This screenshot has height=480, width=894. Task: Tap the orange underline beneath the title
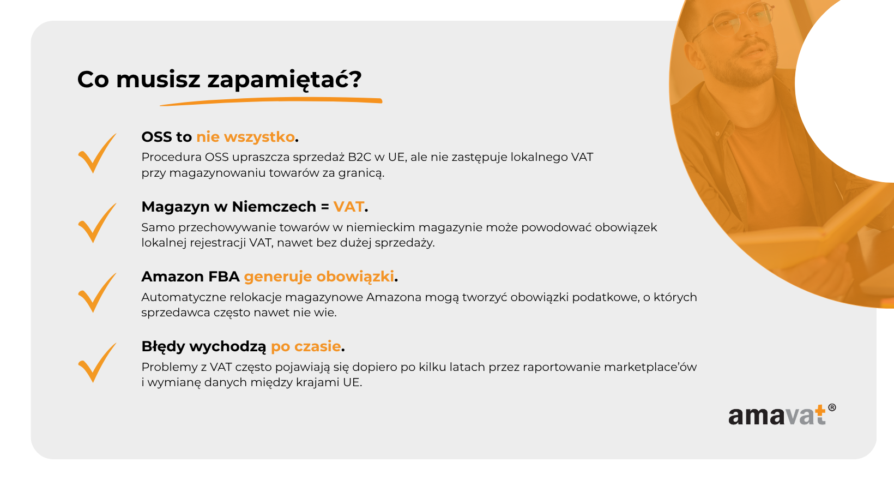point(271,101)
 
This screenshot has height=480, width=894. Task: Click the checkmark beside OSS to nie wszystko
point(97,153)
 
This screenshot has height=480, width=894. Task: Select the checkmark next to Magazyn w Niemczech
point(97,223)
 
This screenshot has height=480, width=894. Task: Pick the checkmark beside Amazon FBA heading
point(97,293)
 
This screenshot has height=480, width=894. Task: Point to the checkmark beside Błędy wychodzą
point(97,363)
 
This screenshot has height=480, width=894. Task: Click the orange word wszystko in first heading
point(259,137)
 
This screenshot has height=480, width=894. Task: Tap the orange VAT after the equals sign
point(348,207)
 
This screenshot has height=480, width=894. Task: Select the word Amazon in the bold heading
point(173,277)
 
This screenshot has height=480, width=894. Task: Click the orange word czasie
point(317,346)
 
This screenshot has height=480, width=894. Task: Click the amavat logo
point(782,415)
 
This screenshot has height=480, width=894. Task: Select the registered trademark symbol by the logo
point(832,407)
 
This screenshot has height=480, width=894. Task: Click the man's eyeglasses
point(734,20)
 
